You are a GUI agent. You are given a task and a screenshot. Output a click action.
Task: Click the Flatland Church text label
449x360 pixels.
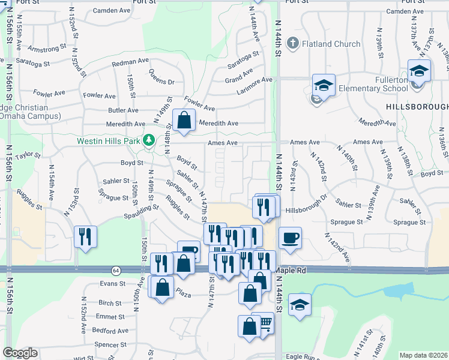(x=331, y=44)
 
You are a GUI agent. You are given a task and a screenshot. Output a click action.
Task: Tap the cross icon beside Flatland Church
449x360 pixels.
(x=292, y=43)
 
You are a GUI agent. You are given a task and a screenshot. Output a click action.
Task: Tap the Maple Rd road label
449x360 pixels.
(x=291, y=271)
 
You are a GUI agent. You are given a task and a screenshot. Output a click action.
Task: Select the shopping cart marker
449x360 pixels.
(x=264, y=323)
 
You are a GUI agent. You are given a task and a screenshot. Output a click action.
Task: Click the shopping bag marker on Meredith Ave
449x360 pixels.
(x=184, y=120)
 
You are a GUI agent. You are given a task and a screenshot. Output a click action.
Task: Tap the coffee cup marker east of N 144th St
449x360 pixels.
(x=291, y=238)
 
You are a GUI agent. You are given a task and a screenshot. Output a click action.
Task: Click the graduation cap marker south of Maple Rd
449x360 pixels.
(x=300, y=304)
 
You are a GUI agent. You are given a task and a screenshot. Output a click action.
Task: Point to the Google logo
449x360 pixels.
(x=20, y=353)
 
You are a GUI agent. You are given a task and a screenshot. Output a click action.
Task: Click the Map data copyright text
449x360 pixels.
(x=423, y=355)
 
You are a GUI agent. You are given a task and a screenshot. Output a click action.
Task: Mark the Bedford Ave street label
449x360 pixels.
(x=110, y=331)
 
